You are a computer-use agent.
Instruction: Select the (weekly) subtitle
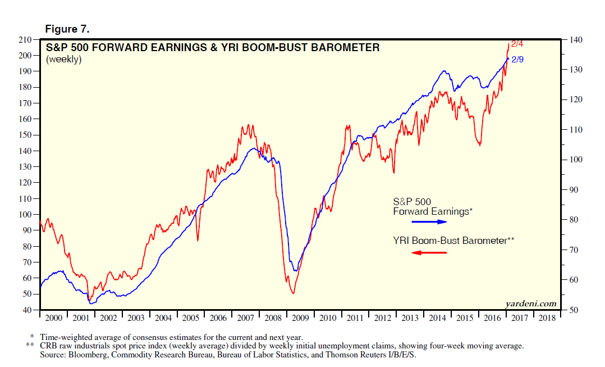coord(63,59)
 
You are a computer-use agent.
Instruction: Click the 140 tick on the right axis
coord(575,40)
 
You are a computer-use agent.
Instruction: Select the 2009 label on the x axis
coord(300,318)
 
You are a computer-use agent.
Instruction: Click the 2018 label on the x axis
coord(548,318)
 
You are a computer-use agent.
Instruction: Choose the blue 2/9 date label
coord(517,59)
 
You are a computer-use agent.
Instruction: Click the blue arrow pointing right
coord(429,222)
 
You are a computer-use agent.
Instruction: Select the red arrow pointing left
coord(429,252)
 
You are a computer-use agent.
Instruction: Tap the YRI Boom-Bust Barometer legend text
coord(453,241)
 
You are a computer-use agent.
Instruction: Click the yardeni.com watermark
coord(530,303)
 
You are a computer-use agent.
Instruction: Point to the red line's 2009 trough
coord(292,293)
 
